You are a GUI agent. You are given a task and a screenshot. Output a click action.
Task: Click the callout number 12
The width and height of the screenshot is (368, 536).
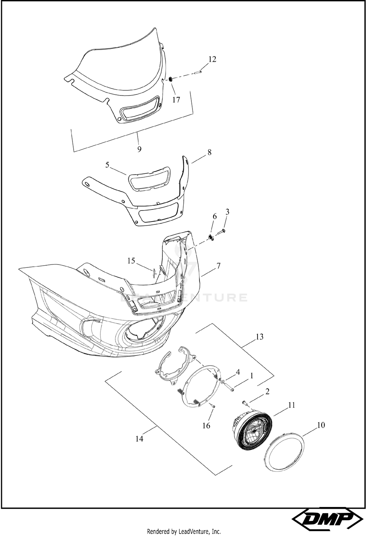[212, 59]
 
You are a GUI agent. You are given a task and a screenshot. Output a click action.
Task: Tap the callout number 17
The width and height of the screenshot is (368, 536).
[176, 100]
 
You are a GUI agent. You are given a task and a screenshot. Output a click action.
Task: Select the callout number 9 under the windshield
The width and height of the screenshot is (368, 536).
[139, 149]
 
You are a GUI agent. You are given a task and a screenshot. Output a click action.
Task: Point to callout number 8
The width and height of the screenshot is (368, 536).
[209, 152]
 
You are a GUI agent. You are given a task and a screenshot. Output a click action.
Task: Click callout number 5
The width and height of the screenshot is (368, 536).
[107, 165]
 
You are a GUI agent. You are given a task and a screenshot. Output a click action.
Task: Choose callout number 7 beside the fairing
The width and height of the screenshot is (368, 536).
[218, 266]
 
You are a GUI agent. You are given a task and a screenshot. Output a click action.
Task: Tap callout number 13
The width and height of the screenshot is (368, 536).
[260, 337]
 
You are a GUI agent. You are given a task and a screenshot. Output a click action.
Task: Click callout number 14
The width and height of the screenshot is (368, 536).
[139, 439]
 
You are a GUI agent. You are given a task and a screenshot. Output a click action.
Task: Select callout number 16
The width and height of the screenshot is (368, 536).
[206, 425]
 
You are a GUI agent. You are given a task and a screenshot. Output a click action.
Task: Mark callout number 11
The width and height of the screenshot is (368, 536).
[291, 405]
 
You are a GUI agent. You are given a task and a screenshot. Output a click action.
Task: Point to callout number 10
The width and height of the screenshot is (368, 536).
[321, 425]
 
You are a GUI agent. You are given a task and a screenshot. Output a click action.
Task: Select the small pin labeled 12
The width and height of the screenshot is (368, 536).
[198, 71]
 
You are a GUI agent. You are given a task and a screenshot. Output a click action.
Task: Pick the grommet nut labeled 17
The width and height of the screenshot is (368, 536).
[171, 79]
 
